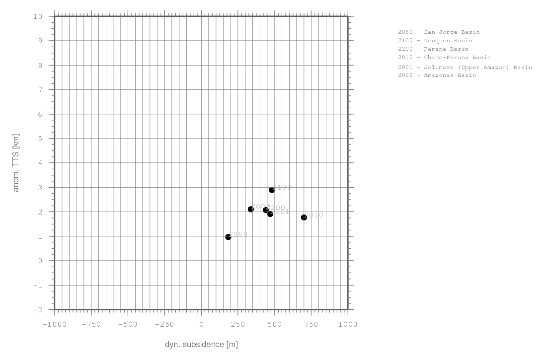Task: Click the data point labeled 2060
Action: [228, 237]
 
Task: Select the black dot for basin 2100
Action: [272, 190]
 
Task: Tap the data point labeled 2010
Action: [304, 217]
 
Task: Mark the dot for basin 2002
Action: [251, 209]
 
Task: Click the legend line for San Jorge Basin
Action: [439, 32]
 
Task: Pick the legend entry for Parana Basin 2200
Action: [433, 49]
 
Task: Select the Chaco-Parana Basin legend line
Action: [444, 58]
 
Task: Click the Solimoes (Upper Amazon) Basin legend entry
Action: [465, 67]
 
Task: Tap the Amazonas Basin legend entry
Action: [437, 75]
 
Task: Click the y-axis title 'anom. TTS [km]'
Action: [16, 163]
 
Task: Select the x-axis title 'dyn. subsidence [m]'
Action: [201, 345]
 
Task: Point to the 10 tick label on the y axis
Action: [38, 16]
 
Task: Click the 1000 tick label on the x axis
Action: [348, 325]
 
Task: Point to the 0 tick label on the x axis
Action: [201, 325]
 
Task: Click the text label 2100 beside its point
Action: [282, 187]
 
